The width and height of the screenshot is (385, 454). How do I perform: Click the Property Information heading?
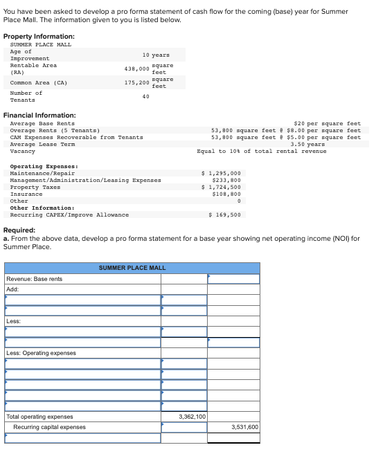39,36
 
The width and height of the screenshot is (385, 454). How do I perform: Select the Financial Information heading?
39,115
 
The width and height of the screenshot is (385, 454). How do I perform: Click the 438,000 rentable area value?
136,69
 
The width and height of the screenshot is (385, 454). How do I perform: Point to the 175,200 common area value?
136,83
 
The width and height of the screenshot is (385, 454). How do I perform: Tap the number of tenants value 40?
145,96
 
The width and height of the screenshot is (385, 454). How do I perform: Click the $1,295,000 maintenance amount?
221,173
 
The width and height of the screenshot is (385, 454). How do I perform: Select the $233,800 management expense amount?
226,180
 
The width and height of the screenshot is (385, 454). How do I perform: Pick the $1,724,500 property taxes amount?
221,187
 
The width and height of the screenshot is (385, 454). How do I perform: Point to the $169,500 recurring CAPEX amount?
224,215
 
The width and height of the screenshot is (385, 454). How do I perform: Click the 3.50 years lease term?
307,144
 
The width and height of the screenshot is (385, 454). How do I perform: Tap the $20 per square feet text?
327,123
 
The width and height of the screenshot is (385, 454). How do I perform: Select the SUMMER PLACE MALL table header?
132,267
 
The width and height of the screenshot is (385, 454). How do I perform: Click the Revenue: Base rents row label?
34,279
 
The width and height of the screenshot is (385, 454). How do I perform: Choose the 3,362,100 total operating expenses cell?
192,417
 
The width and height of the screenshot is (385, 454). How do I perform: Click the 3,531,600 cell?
244,427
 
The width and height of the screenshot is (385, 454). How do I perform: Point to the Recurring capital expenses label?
49,427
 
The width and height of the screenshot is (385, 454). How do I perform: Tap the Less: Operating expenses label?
41,353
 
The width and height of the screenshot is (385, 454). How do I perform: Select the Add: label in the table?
12,289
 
